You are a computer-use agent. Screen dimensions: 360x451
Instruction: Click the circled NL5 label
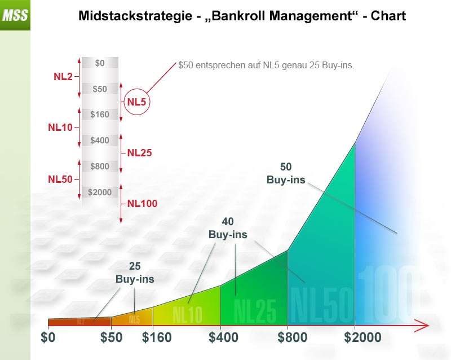click(x=138, y=102)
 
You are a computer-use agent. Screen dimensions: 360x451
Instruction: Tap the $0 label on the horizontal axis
click(x=48, y=338)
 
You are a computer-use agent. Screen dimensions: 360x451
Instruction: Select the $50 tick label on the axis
click(x=111, y=338)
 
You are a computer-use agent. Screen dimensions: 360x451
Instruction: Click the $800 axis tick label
click(x=289, y=338)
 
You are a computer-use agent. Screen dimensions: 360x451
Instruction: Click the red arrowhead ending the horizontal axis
click(x=424, y=326)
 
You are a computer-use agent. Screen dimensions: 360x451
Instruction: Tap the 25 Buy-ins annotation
click(x=135, y=273)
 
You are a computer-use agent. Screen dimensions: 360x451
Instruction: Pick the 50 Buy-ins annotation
click(x=286, y=174)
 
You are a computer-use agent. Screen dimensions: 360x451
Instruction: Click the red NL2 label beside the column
click(x=63, y=76)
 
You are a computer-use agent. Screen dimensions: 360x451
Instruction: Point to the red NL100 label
click(x=142, y=204)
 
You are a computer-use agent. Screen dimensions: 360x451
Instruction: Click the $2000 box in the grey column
click(x=100, y=192)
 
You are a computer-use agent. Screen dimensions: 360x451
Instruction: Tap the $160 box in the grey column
click(x=100, y=115)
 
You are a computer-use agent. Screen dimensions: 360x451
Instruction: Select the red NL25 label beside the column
click(x=139, y=152)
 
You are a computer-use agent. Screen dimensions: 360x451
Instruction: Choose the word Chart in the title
click(x=386, y=16)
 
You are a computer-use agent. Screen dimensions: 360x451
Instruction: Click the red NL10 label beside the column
click(x=60, y=128)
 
